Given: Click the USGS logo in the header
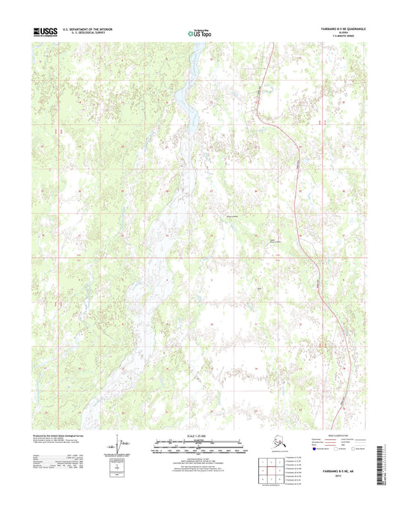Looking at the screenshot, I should (x=44, y=32).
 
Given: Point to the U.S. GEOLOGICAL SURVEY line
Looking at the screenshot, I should (x=93, y=34).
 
